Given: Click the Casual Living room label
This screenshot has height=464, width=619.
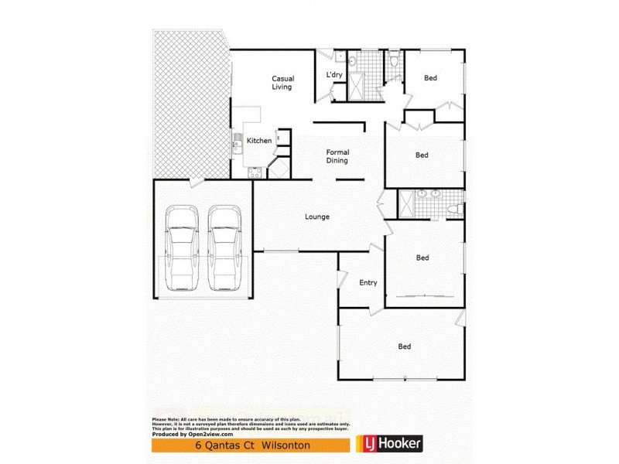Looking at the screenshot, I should (x=281, y=83).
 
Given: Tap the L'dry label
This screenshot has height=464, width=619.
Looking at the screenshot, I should (x=334, y=74).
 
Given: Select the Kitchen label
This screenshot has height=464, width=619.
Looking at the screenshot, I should (x=258, y=141).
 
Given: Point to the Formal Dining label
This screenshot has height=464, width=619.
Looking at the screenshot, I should (x=337, y=156).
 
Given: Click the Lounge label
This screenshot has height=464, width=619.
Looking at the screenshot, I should (x=316, y=217).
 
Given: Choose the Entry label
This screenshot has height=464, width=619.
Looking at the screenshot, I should (x=368, y=282).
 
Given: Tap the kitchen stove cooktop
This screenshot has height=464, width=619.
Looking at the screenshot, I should (x=253, y=173).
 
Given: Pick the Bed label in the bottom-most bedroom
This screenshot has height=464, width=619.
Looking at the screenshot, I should (x=403, y=346).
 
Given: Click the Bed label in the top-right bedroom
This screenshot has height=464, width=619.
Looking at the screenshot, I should (x=430, y=78).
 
